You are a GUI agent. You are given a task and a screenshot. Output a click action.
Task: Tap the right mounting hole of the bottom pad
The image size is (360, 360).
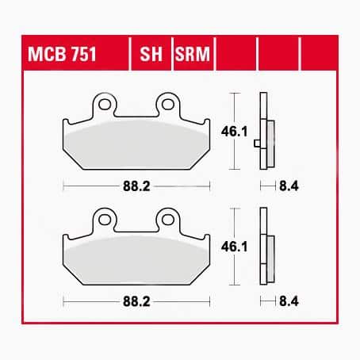coord(167,218)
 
